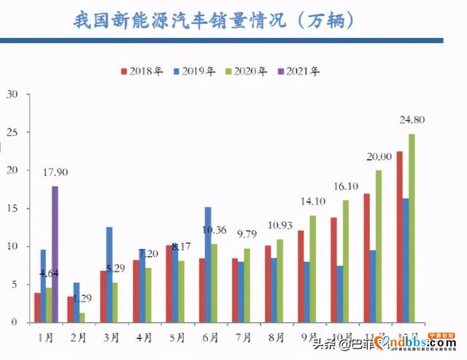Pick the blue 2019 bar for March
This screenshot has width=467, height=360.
click(109, 274)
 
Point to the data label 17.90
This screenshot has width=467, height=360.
click(55, 173)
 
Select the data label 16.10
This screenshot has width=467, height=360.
click(345, 187)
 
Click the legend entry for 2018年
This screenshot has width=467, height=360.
click(144, 71)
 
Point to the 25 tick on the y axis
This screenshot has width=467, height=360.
click(11, 132)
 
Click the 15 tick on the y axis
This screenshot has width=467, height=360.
click(11, 208)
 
